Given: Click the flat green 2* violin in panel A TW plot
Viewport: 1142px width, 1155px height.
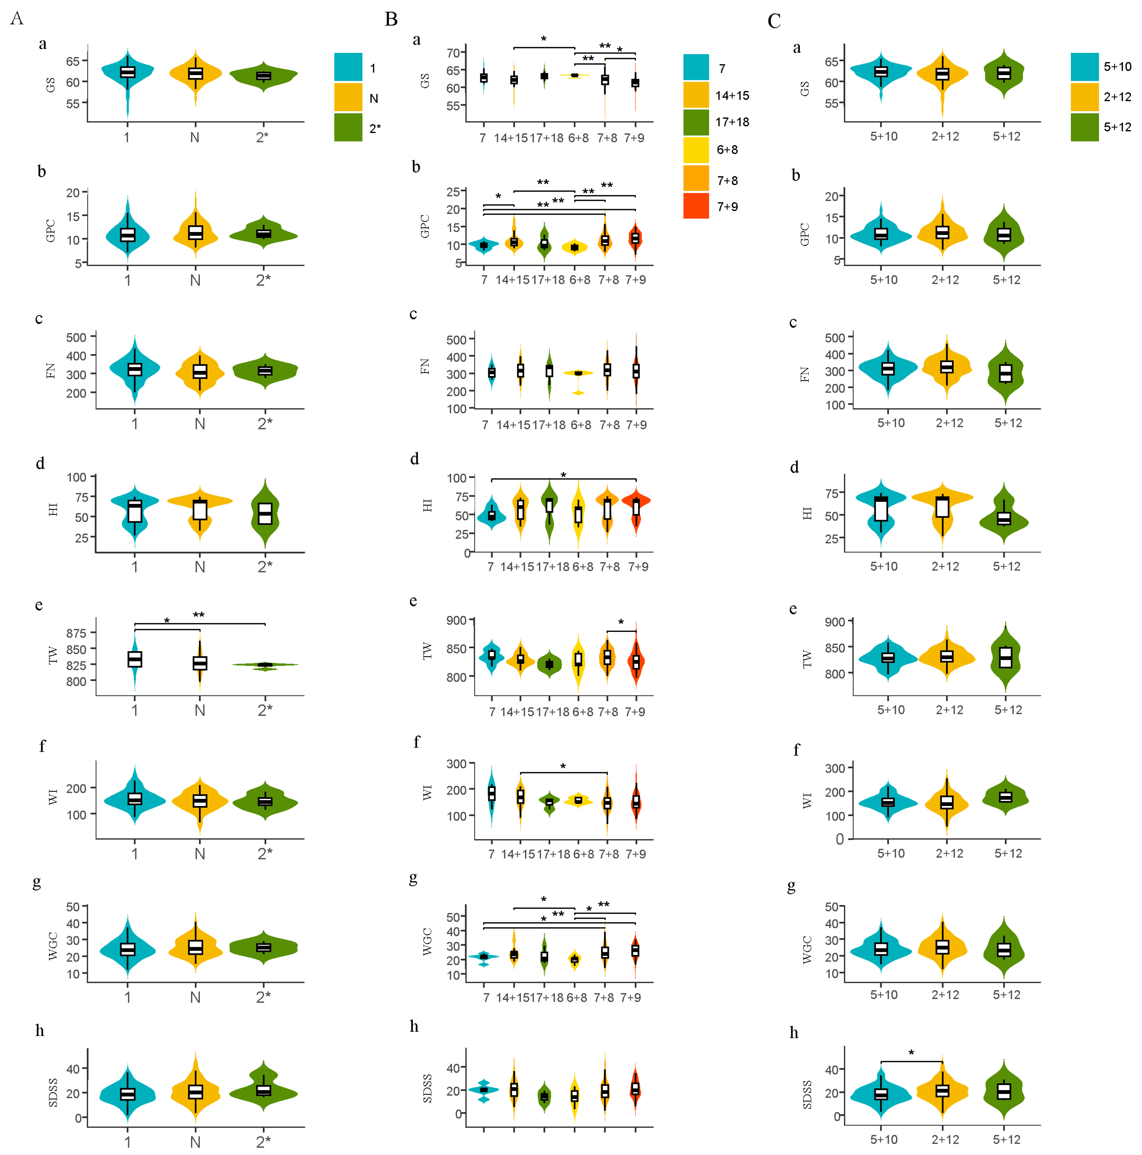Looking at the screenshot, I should coord(265,665).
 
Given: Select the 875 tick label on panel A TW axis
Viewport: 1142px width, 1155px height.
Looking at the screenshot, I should coord(76,633).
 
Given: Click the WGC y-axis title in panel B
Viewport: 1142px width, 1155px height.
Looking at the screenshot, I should coord(427,942).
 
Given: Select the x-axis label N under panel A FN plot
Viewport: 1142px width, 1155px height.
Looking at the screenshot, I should coord(200,424).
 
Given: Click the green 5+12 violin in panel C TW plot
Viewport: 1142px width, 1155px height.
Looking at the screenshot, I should coord(1006,658).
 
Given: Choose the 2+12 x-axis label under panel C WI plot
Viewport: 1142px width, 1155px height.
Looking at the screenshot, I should coord(949,853).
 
